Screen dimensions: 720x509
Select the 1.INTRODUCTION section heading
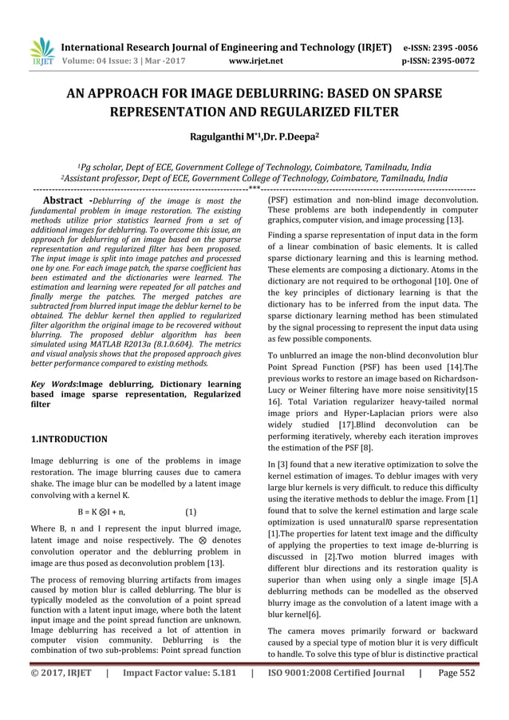click(x=69, y=439)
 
